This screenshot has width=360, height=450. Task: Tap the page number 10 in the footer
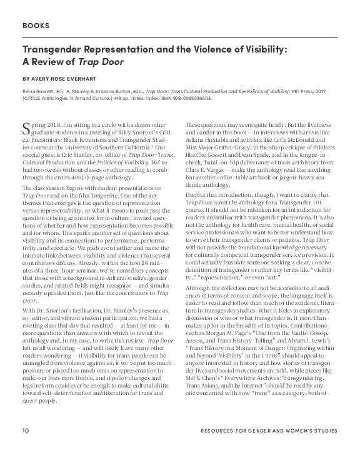click(x=25, y=431)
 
